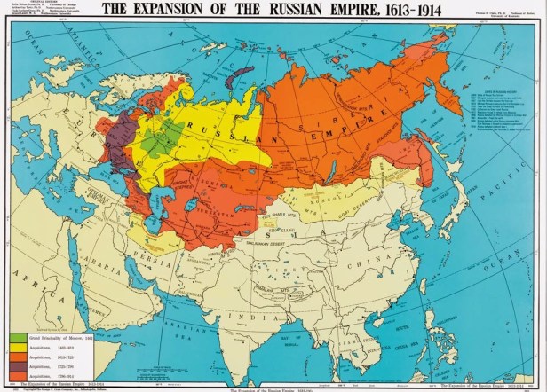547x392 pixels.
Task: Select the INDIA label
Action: [x=240, y=316]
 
